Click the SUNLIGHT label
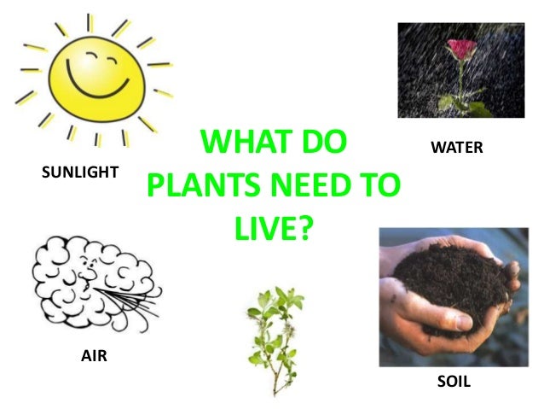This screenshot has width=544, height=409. click(79, 172)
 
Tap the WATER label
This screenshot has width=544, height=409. click(457, 148)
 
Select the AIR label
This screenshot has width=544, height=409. click(94, 355)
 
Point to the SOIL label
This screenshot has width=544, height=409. click(454, 382)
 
